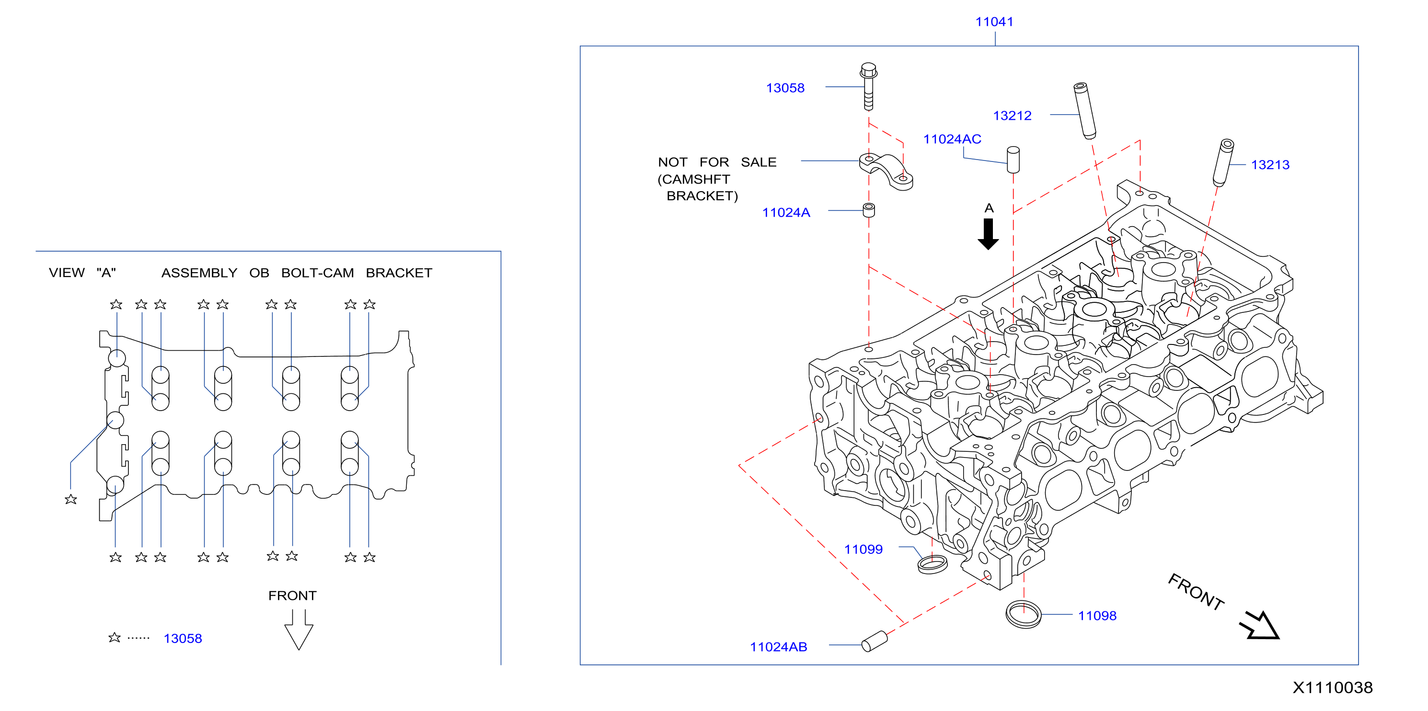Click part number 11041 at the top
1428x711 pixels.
[x=994, y=22]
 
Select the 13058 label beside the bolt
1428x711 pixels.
[x=785, y=88]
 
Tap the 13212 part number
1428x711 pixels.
[x=1012, y=115]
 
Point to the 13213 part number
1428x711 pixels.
[x=1270, y=165]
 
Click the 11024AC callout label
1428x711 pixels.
[x=952, y=139]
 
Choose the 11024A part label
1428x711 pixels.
[x=786, y=212]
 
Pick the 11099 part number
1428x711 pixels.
[x=863, y=549]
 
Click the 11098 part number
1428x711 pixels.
[x=1097, y=616]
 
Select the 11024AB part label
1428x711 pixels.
[x=778, y=647]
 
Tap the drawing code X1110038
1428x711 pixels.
[x=1333, y=688]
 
